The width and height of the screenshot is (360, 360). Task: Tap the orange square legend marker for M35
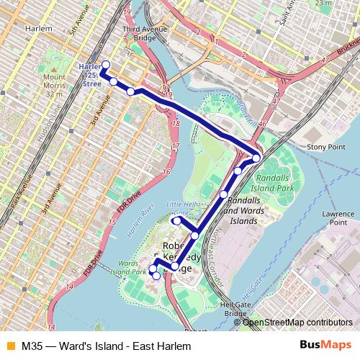coord(9,346)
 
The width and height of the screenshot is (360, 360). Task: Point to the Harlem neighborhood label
coord(38,28)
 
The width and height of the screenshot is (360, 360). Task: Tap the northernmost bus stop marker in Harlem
coord(105,66)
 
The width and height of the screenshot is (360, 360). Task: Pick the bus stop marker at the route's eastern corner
coord(256,158)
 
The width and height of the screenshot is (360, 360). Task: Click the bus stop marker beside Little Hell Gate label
coord(176,221)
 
